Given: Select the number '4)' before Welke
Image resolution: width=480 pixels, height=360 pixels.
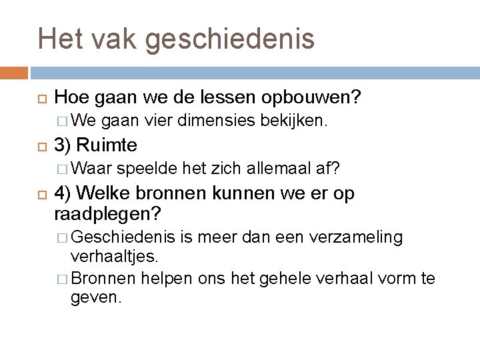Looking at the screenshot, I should (x=63, y=193).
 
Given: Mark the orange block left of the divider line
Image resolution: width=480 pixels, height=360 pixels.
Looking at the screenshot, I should (x=14, y=71).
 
